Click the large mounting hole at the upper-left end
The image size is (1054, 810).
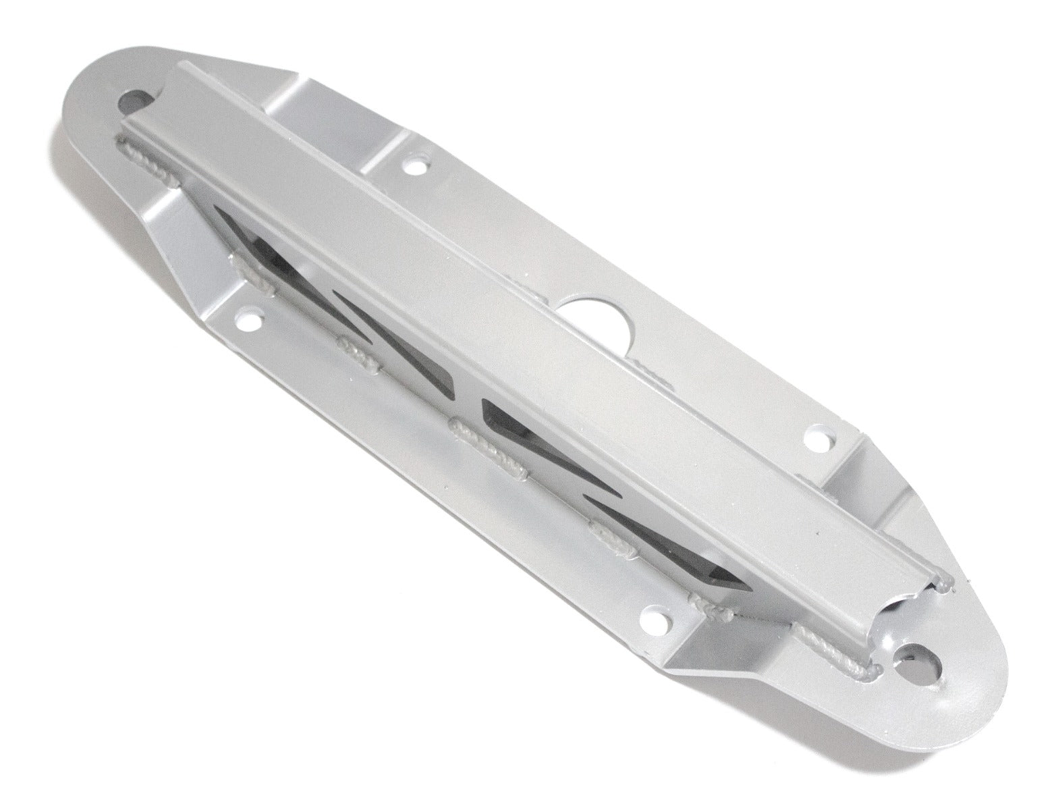pos(137,102)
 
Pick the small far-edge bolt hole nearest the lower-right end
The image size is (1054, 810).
pos(819,439)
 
